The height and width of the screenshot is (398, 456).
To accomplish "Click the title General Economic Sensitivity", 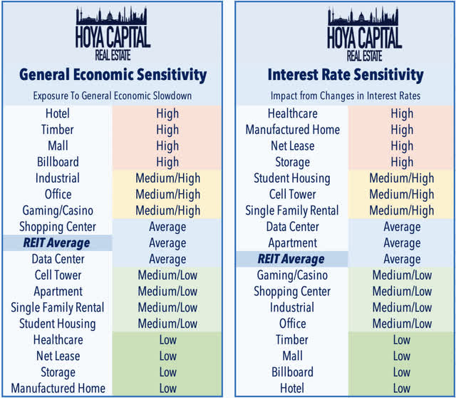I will tap(112, 73).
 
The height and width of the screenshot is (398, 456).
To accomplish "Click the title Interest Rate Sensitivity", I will tap(346, 73).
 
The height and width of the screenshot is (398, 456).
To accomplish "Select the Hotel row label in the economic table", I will tap(58, 113).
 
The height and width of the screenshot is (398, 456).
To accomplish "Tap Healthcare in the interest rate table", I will tap(293, 113).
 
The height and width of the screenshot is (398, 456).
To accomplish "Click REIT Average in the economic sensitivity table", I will tap(58, 243).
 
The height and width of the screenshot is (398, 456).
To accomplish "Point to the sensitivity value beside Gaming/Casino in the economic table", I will tap(167, 210).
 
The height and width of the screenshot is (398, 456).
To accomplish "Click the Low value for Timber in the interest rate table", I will tap(402, 340).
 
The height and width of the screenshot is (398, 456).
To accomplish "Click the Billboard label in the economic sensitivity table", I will tap(58, 162).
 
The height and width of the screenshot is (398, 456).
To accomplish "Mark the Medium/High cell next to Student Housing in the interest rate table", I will tap(402, 178).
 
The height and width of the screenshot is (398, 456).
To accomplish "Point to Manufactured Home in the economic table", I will tap(58, 389).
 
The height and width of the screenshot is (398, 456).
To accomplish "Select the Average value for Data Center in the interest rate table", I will tap(402, 227).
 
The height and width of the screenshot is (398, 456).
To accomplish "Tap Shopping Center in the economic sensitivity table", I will tap(58, 227).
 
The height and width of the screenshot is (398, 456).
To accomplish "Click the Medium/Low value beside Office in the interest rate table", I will tap(402, 324).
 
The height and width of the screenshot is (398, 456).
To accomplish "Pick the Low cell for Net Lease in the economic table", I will tap(167, 356).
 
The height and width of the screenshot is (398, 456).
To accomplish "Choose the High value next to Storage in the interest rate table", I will tap(402, 162).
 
